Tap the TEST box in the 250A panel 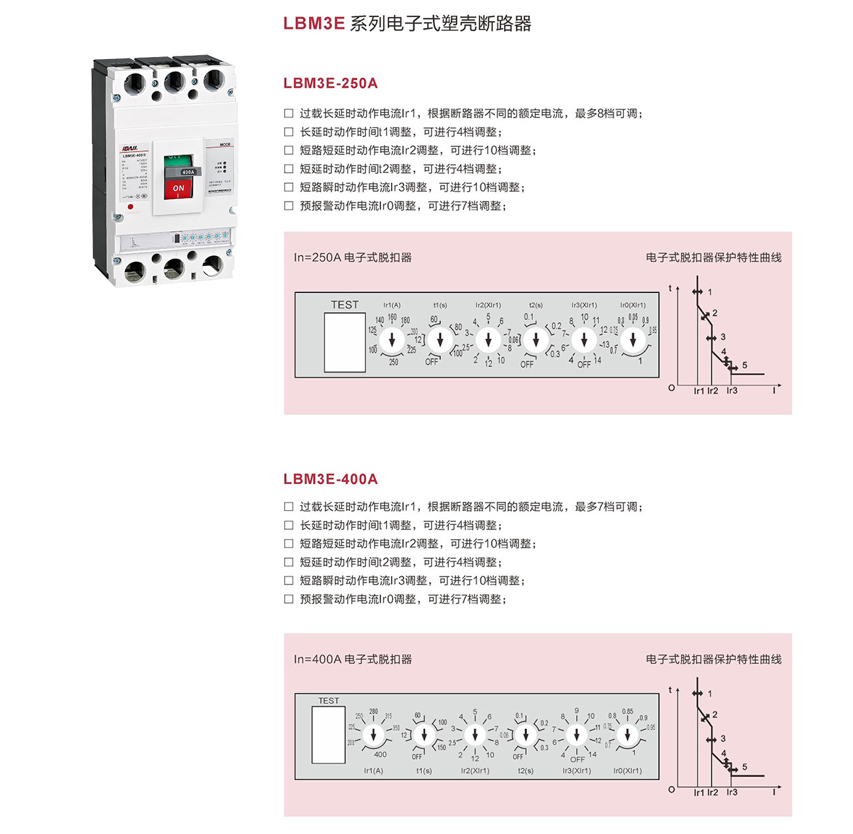(x=344, y=342)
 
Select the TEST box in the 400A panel (x=329, y=734)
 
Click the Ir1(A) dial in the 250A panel (x=392, y=340)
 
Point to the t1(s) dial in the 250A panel (x=440, y=340)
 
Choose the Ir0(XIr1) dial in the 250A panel (x=633, y=340)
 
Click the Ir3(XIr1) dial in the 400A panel (x=577, y=735)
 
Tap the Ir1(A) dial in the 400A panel (x=374, y=735)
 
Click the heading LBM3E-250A (x=331, y=83)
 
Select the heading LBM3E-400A (x=331, y=479)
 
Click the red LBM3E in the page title (x=314, y=24)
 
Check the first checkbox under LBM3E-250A (x=289, y=114)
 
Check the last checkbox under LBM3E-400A (x=289, y=599)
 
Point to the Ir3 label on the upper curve (x=732, y=391)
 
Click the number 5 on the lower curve (x=745, y=767)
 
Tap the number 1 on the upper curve (x=710, y=292)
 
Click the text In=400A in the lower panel (x=318, y=659)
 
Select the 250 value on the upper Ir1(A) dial (x=394, y=362)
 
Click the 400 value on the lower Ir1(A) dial (x=380, y=755)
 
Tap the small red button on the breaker (x=131, y=206)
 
